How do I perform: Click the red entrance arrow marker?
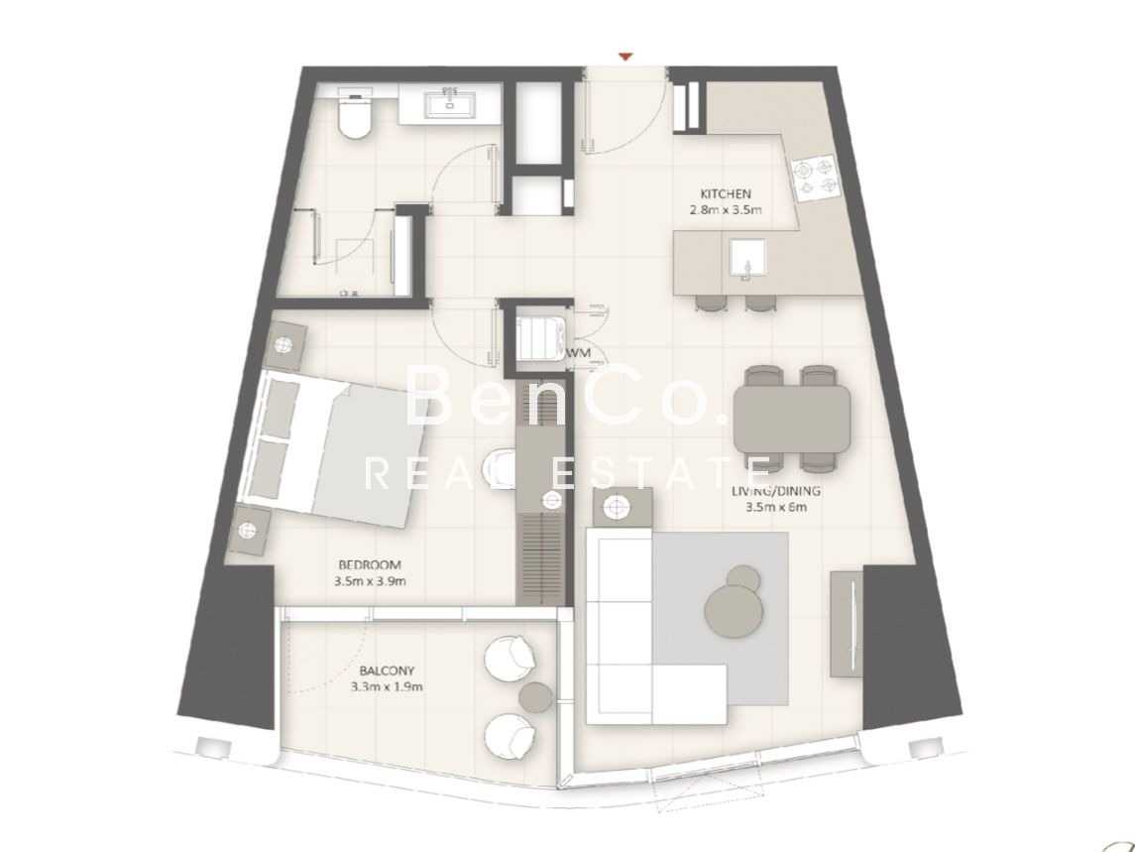626,57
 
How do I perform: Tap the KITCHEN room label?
726,194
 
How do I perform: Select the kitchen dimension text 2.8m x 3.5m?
726,211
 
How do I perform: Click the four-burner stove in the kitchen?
816,179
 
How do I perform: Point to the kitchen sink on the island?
747,260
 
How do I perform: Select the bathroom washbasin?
450,102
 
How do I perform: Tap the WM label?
578,353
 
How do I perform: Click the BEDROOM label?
369,565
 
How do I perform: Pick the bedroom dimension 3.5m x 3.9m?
370,581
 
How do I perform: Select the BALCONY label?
387,671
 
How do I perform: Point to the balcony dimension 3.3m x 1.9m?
387,686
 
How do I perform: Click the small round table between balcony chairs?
536,697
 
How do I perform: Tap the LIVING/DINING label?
776,491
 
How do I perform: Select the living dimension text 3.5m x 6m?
776,507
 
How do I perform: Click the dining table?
792,419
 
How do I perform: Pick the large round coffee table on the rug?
734,611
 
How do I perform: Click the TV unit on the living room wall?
847,624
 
